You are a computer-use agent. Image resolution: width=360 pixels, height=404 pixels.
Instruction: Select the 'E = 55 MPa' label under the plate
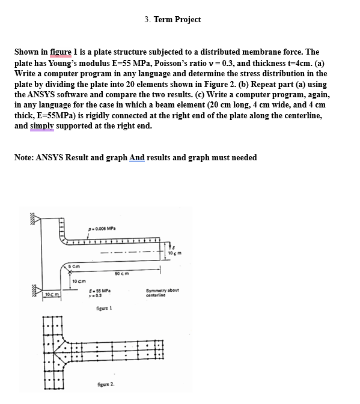[97, 290]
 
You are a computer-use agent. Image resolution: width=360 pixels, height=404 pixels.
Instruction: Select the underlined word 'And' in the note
[137, 158]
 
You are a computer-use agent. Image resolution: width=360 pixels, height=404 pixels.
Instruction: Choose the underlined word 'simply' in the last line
[43, 126]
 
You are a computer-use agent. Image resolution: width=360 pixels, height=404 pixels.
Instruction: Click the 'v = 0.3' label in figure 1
[93, 295]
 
